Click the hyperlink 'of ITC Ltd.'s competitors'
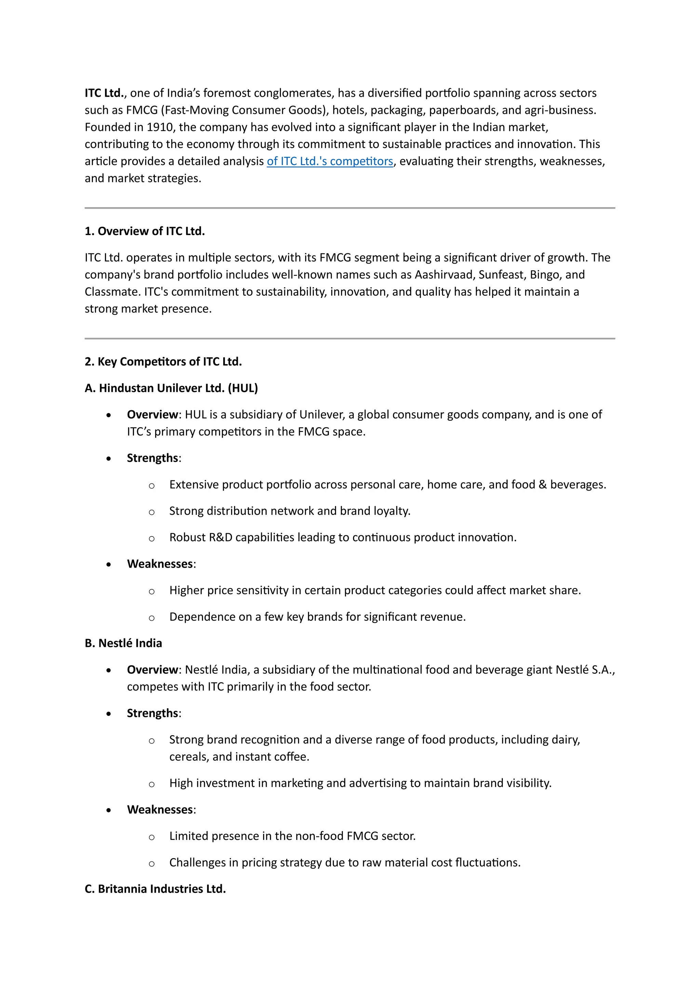click(x=330, y=161)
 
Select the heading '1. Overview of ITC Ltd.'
click(x=144, y=231)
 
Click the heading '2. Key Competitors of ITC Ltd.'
click(x=163, y=361)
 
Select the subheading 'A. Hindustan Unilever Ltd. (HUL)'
click(x=171, y=388)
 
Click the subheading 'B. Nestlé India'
click(x=123, y=643)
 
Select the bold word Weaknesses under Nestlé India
click(x=160, y=810)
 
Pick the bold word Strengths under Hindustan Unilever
click(x=152, y=458)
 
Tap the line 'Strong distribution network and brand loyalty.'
click(x=290, y=511)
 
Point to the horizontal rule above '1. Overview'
click(x=350, y=208)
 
